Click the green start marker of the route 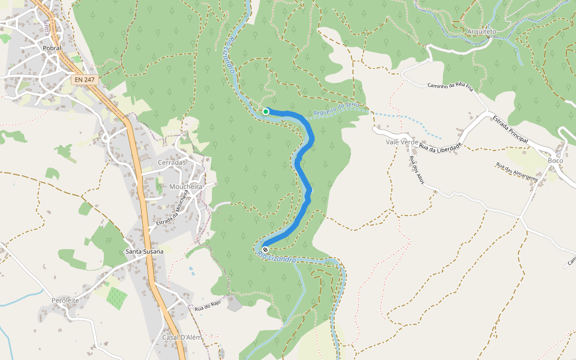click(x=266, y=111)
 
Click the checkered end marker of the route click(x=265, y=250)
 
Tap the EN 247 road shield click(x=83, y=79)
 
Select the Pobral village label click(x=52, y=48)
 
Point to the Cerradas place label click(x=172, y=163)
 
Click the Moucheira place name click(x=186, y=187)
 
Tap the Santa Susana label click(x=144, y=251)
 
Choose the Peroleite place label click(x=65, y=300)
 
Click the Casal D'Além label click(x=182, y=337)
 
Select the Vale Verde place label click(x=402, y=142)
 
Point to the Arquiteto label click(x=482, y=31)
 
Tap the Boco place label click(x=556, y=160)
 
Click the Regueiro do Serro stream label click(x=336, y=109)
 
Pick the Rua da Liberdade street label click(x=441, y=147)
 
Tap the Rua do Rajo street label click(x=208, y=307)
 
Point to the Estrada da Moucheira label click(x=169, y=214)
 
